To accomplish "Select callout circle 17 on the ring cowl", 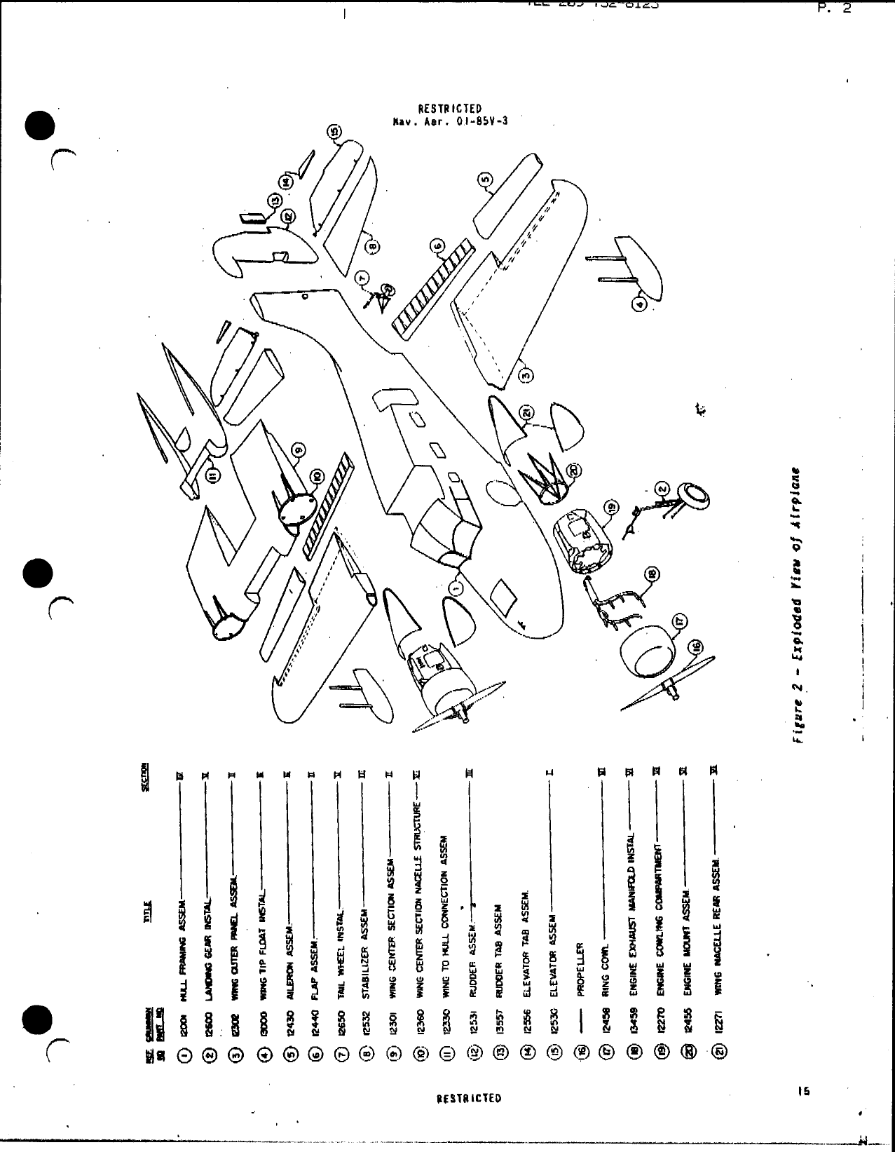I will click(680, 619).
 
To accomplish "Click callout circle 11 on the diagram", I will click(214, 476).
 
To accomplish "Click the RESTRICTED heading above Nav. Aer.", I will click(449, 109).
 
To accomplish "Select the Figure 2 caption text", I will click(798, 605).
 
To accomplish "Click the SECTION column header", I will click(145, 778).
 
